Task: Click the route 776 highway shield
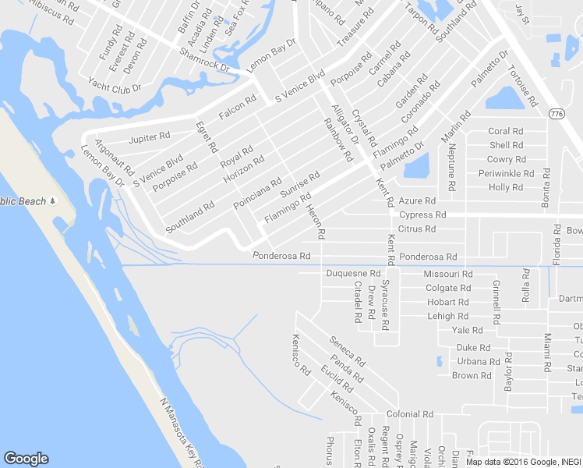pyautogui.click(x=556, y=115)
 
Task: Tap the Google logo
pyautogui.click(x=26, y=459)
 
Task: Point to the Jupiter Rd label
pyautogui.click(x=149, y=137)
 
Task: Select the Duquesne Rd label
pyautogui.click(x=352, y=274)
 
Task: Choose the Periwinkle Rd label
pyautogui.click(x=502, y=173)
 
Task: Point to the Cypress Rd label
pyautogui.click(x=422, y=214)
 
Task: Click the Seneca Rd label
pyautogui.click(x=348, y=352)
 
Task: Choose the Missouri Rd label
pyautogui.click(x=447, y=274)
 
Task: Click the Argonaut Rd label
pyautogui.click(x=115, y=157)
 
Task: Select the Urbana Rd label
pyautogui.click(x=479, y=361)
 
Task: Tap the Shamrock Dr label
pyautogui.click(x=204, y=60)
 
